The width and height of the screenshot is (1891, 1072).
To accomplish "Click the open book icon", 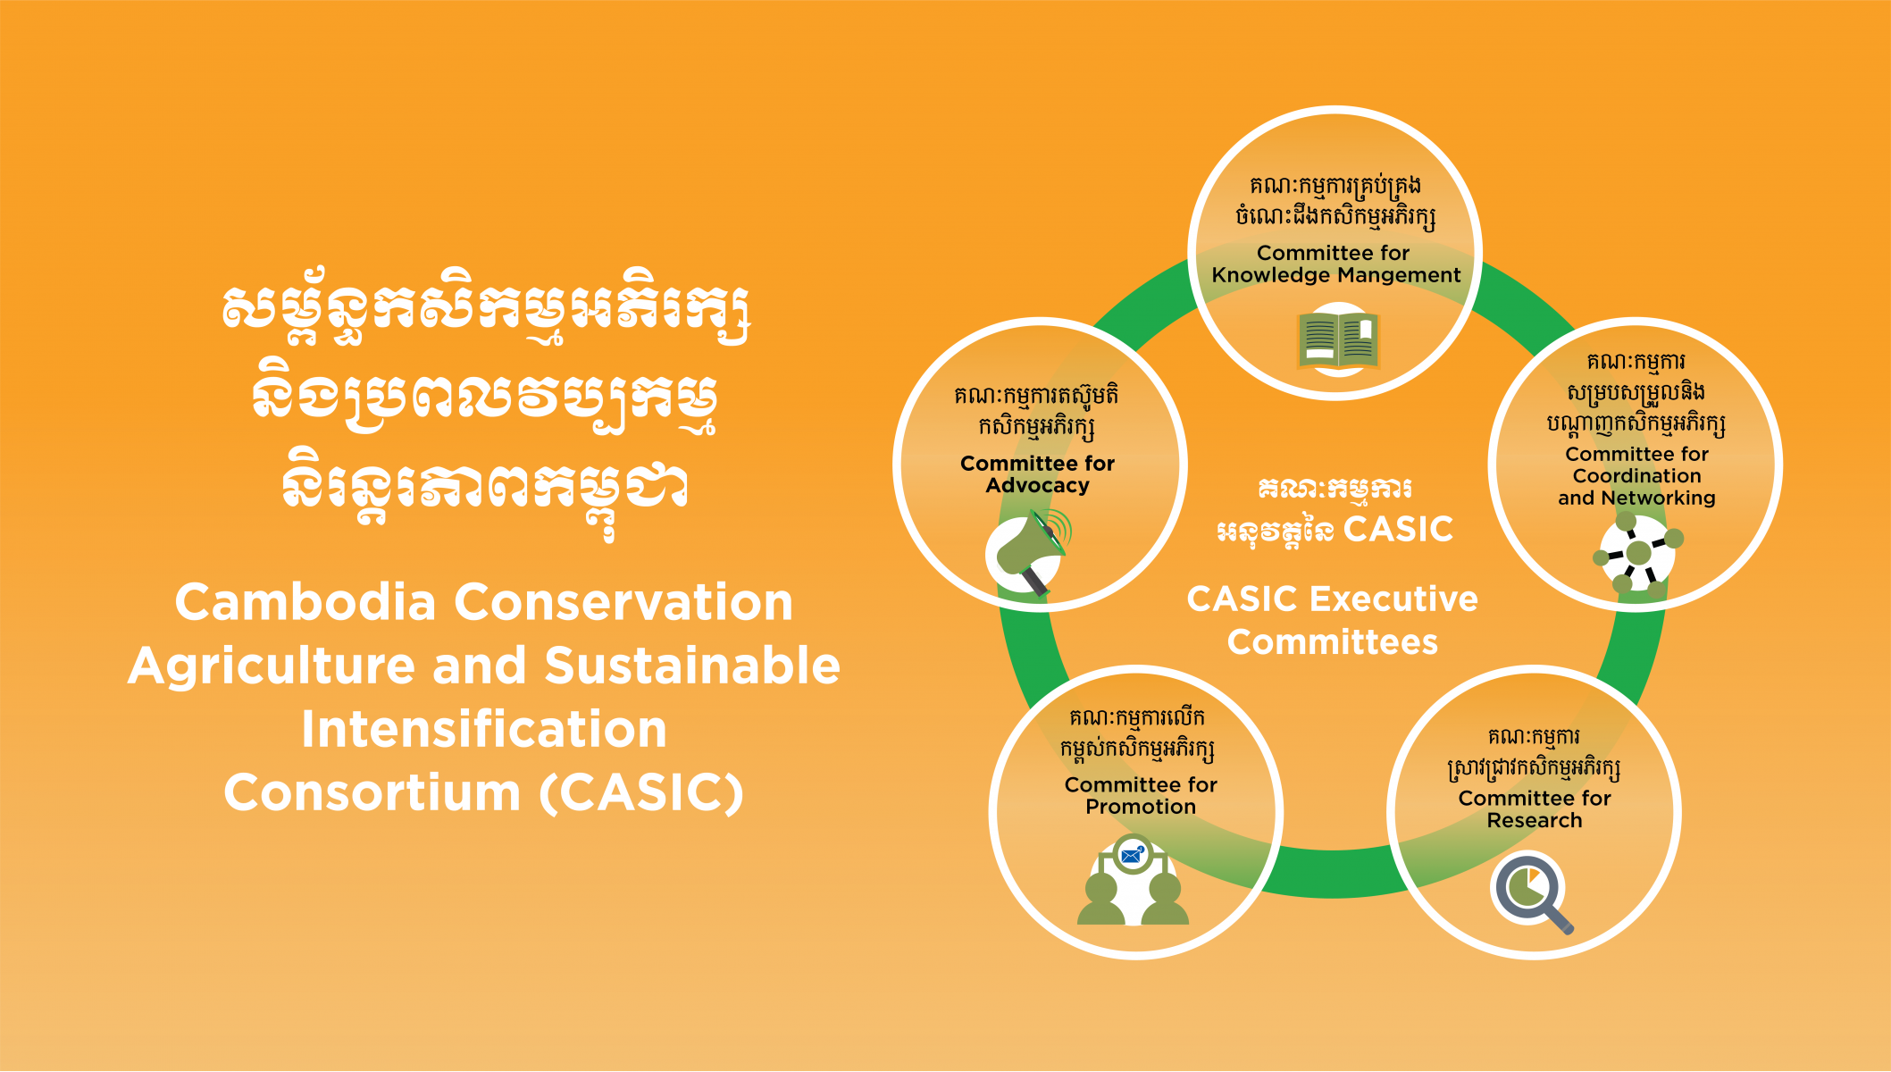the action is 1338,340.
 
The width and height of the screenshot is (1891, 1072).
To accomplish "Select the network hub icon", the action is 1637,554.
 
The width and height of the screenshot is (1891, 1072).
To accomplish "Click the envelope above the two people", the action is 1132,855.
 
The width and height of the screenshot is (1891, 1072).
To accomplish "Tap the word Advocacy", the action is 1037,486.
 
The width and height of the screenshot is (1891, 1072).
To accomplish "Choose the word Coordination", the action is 1636,476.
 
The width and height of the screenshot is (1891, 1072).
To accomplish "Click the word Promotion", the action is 1141,807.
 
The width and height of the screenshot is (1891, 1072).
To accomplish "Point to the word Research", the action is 1534,820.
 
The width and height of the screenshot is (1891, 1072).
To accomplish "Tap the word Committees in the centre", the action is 1332,642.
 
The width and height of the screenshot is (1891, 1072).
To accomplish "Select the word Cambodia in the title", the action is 305,602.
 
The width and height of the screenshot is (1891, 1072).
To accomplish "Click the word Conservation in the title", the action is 623,602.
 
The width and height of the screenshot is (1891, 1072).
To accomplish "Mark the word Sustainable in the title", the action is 692,666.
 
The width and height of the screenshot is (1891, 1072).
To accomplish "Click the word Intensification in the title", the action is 483,730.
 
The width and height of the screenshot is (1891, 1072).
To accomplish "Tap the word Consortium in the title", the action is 372,793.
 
